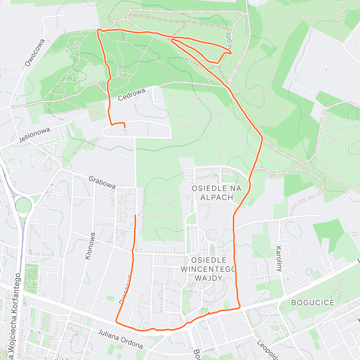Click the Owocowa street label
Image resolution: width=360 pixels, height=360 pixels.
coord(35,53)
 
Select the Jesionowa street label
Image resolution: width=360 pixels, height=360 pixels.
coord(34,135)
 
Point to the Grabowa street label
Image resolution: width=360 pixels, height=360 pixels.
coord(102,182)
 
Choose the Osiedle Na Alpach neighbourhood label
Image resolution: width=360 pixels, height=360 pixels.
coord(217,193)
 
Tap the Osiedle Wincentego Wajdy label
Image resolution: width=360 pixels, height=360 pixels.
coord(209,269)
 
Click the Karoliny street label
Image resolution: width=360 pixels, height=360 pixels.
coord(279,259)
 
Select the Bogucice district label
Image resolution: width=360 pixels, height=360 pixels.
coord(313,302)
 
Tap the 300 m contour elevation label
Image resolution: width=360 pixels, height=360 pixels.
coord(229,40)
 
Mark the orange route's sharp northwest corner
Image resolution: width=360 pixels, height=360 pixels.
coord(98,30)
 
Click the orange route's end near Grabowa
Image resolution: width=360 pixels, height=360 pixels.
coord(135,215)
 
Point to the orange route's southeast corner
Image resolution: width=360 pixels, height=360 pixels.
coord(240,307)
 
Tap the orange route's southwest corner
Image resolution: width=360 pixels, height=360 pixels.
coord(116,322)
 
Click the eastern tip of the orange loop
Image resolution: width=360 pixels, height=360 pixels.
coord(231,53)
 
